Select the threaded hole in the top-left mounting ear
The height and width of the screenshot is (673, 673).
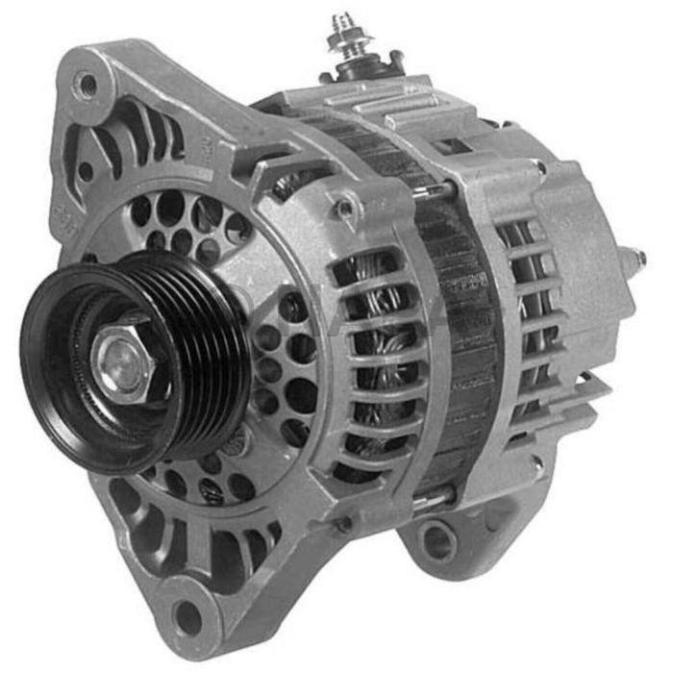87,84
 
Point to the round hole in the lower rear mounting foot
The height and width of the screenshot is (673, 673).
438,542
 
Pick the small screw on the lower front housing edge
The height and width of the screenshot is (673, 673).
344,525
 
